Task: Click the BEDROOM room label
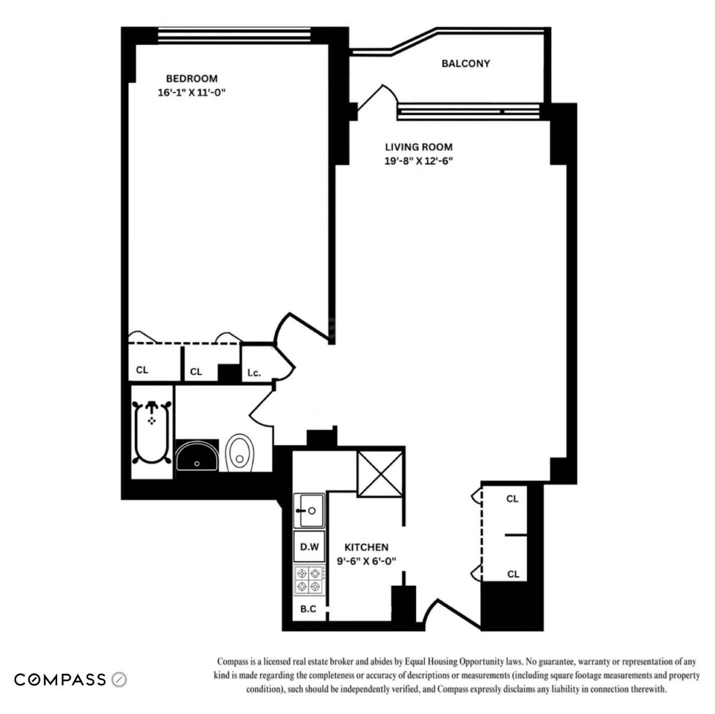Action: click(192, 79)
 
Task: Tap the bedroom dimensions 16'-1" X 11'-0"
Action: click(192, 93)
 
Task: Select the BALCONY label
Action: click(465, 64)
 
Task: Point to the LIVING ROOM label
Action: click(419, 147)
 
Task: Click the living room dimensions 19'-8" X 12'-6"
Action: click(419, 161)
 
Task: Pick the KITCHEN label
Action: click(366, 547)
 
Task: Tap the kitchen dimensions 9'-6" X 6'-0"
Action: click(366, 561)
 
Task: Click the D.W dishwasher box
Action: click(309, 547)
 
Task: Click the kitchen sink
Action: click(309, 511)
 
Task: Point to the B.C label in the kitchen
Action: click(308, 609)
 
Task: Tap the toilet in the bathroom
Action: click(240, 453)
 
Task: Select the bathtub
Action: click(152, 432)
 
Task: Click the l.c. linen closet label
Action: click(254, 373)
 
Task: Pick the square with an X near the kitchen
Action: click(380, 474)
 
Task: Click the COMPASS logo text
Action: click(60, 679)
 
